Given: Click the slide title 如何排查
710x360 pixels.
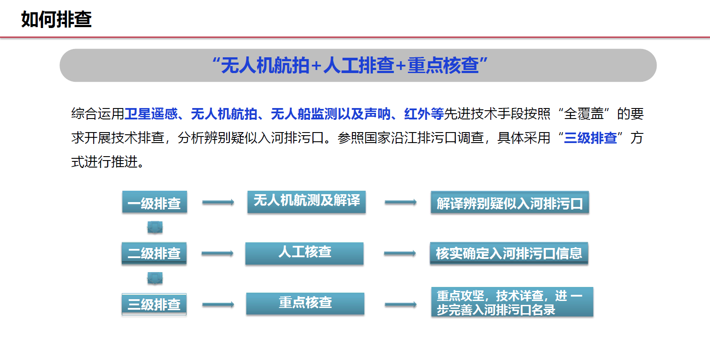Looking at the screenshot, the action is click(56, 19).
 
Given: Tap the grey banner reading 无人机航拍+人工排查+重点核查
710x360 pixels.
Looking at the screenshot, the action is click(358, 65).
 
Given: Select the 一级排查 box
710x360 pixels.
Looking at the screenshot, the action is click(155, 202).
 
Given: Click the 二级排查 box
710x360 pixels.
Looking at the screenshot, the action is click(154, 253).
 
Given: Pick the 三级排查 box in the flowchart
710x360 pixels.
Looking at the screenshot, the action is click(154, 304).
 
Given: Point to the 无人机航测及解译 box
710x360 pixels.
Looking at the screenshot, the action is click(306, 202).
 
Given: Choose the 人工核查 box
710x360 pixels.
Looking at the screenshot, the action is click(304, 253).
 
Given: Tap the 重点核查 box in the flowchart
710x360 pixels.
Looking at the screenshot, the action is click(305, 304).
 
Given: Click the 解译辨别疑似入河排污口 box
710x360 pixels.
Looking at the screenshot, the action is click(510, 203).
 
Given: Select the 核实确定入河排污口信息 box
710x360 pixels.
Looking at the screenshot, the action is click(509, 253).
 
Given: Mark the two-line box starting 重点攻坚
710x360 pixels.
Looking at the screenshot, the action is click(512, 302).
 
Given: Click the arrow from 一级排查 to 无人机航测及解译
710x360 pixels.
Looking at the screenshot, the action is click(218, 202).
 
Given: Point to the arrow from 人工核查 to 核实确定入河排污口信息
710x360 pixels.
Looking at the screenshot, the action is click(400, 253).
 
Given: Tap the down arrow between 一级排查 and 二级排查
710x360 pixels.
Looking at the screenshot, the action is click(155, 227).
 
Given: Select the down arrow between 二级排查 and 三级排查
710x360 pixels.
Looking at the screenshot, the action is click(155, 278).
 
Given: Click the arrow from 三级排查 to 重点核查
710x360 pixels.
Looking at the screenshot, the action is click(218, 304).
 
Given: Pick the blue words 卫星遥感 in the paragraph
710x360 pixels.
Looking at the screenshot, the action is click(151, 114).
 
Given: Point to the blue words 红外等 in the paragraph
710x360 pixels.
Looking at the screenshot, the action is click(424, 114).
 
